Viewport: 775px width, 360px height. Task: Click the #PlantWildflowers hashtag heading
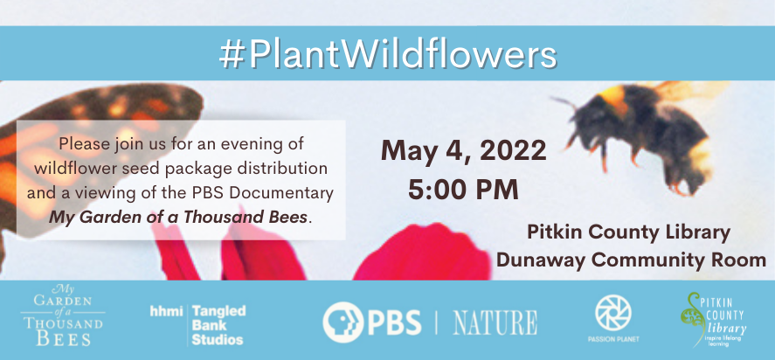click(x=388, y=53)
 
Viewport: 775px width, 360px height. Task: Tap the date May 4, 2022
click(x=464, y=150)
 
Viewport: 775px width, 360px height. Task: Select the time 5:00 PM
click(x=463, y=189)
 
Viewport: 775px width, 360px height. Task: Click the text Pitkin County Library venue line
click(x=629, y=232)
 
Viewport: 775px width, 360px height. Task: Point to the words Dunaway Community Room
click(x=631, y=260)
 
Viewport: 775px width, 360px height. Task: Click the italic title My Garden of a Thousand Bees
click(x=177, y=218)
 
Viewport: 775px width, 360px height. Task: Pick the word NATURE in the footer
click(x=495, y=322)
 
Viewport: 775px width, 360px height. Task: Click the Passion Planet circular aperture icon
click(x=612, y=313)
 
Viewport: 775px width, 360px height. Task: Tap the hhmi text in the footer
click(x=166, y=311)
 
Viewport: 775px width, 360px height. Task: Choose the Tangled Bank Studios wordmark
click(x=218, y=325)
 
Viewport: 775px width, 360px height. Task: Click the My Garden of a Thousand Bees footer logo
click(x=62, y=315)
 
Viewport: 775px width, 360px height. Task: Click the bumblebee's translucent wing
click(x=692, y=91)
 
